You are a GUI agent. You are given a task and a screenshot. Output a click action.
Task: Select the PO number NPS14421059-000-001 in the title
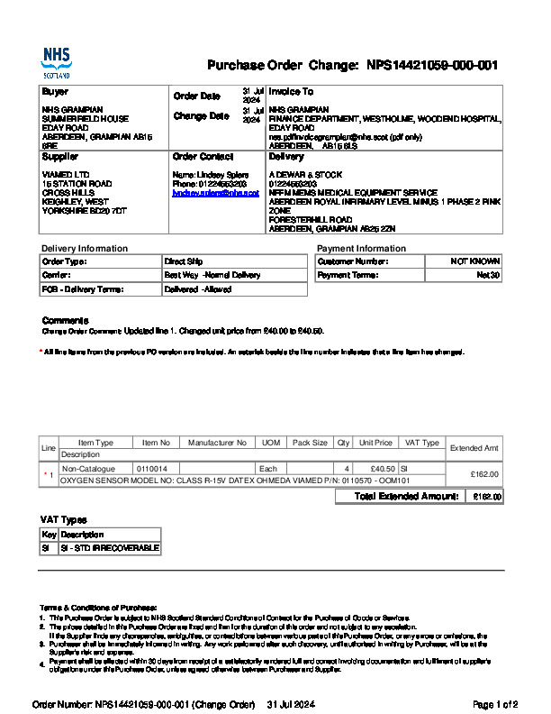(432, 66)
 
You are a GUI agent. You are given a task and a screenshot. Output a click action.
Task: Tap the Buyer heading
(55, 92)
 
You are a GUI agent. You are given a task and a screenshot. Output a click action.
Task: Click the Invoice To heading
(291, 92)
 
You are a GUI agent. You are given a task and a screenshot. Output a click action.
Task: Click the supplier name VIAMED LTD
(66, 175)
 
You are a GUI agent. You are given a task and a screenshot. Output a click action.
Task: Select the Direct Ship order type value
(183, 261)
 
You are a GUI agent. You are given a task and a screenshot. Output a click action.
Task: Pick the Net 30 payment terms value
(489, 275)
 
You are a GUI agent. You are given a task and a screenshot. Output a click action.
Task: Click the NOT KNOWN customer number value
(475, 261)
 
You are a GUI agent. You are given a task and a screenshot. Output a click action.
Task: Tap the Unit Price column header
(375, 443)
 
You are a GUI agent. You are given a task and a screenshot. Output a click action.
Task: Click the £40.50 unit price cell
(383, 469)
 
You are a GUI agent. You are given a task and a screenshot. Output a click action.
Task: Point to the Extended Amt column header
(474, 448)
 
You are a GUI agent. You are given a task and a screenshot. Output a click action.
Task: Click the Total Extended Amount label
(407, 497)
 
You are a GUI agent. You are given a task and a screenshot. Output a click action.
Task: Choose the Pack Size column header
(310, 443)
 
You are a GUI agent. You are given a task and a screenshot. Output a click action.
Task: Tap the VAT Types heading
(64, 520)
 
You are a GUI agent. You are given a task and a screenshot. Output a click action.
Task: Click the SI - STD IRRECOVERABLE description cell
(109, 548)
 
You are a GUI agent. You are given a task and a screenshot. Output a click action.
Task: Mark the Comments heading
(66, 321)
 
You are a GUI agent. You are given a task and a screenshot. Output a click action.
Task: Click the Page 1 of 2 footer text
(495, 703)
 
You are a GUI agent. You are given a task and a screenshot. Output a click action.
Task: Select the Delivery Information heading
(85, 248)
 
